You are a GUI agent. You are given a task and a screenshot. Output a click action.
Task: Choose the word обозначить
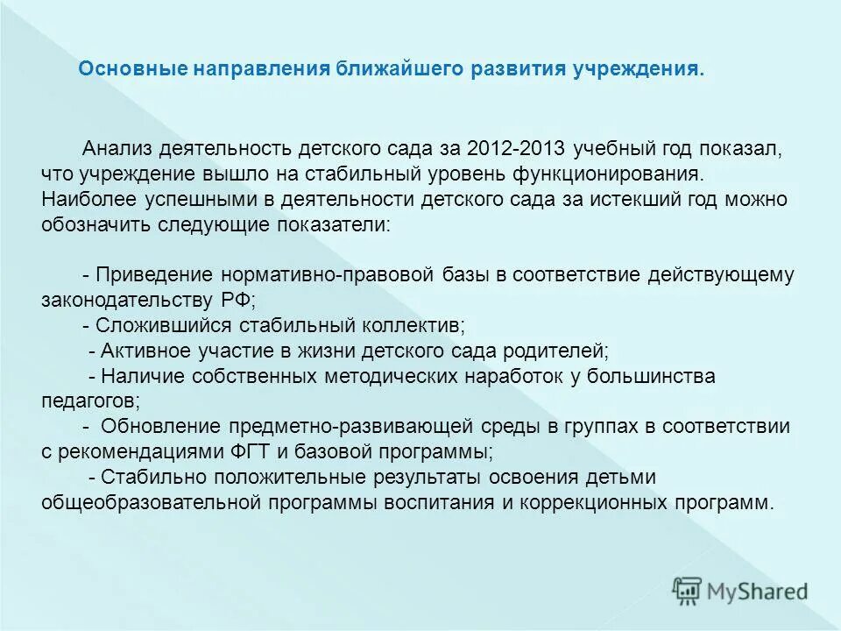point(95,223)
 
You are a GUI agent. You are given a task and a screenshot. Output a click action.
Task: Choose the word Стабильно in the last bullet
point(143,479)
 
